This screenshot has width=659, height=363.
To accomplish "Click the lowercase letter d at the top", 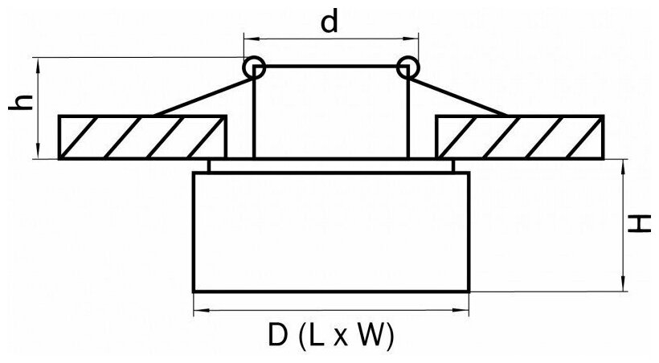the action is click(329, 22).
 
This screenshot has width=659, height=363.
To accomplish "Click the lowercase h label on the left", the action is click(23, 102).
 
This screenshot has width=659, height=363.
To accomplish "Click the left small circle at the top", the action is click(255, 67).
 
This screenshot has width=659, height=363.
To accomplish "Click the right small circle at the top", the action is click(407, 67).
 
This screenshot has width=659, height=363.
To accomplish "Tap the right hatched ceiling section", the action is click(519, 137).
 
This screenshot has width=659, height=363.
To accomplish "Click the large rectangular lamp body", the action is click(330, 231).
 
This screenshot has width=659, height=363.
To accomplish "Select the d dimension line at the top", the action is click(330, 38).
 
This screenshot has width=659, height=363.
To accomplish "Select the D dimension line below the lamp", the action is click(330, 309).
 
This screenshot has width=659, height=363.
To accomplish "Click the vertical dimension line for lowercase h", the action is click(38, 108).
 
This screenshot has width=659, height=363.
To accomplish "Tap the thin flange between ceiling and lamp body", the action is click(330, 166).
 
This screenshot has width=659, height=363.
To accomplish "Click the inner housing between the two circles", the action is click(330, 112).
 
